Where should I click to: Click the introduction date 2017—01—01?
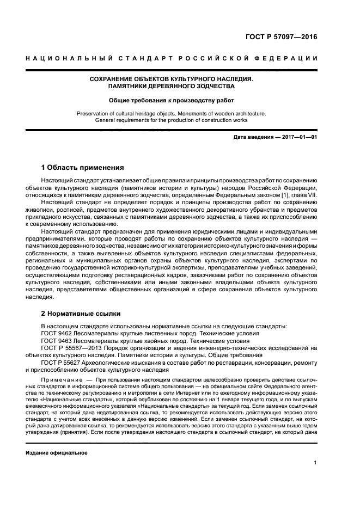pos(299,137)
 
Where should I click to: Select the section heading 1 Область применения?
pos(83,167)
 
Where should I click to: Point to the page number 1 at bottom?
pos(315,463)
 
